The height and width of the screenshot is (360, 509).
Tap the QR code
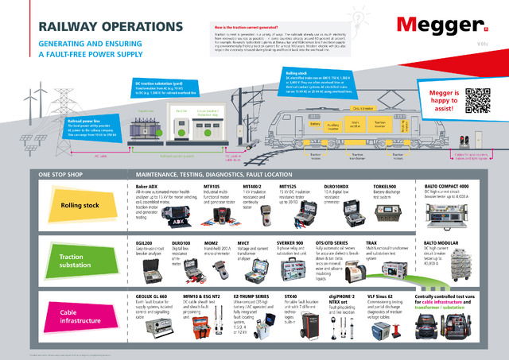point(478,101)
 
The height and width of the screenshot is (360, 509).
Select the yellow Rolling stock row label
point(78,205)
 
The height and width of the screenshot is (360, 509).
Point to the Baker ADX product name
point(151,184)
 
